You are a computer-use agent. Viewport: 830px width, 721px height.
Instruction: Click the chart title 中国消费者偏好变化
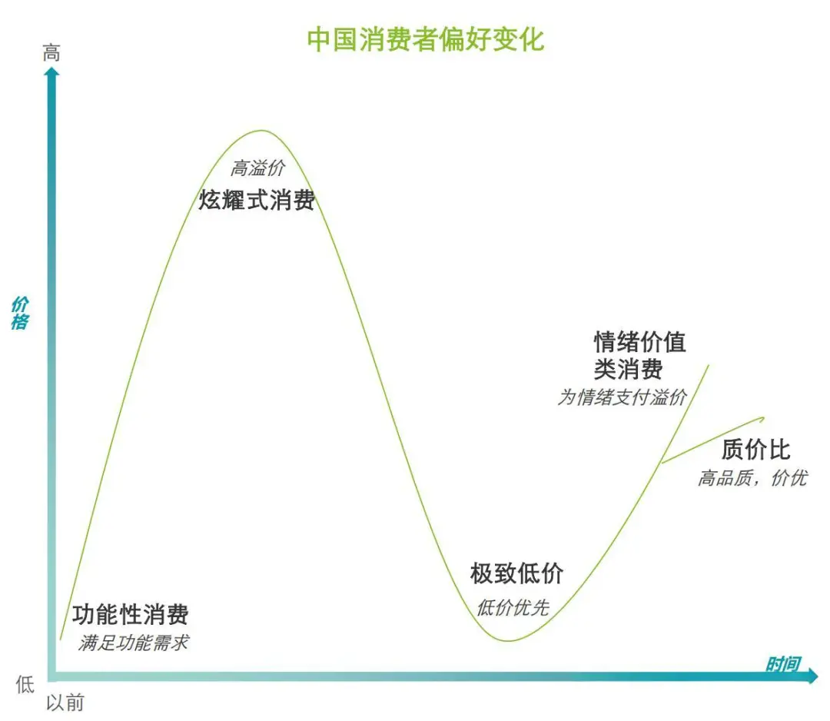pos(426,40)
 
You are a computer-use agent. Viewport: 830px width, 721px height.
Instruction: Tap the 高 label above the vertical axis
pos(51,53)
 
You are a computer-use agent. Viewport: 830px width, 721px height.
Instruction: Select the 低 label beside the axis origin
pos(25,684)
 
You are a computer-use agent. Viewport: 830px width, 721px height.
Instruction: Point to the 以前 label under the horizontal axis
pos(65,703)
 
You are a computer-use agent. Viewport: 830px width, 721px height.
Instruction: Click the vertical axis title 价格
pos(19,313)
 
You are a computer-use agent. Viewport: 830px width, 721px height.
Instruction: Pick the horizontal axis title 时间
pos(783,664)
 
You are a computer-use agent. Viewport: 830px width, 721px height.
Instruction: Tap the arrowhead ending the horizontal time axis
pos(812,676)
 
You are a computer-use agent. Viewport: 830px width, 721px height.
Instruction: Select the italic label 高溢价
pos(257,168)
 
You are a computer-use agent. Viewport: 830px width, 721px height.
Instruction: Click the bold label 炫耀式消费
pos(257,200)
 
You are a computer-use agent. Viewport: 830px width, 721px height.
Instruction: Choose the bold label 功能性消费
pos(130,614)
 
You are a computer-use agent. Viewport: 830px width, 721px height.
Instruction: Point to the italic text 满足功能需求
pos(134,643)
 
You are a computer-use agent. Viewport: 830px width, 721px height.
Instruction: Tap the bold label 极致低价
pos(516,573)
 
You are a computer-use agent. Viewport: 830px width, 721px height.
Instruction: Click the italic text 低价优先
pos(513,607)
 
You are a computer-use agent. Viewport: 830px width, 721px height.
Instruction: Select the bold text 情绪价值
pos(640,341)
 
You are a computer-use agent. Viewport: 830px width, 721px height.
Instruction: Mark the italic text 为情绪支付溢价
pos(622,397)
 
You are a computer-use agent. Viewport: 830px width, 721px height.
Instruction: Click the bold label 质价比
pos(755,450)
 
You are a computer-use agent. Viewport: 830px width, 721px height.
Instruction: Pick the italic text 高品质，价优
pos(752,478)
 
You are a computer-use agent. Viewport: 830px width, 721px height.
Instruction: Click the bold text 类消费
pos(629,368)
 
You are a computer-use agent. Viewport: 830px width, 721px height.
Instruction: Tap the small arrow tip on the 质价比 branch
pos(763,419)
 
